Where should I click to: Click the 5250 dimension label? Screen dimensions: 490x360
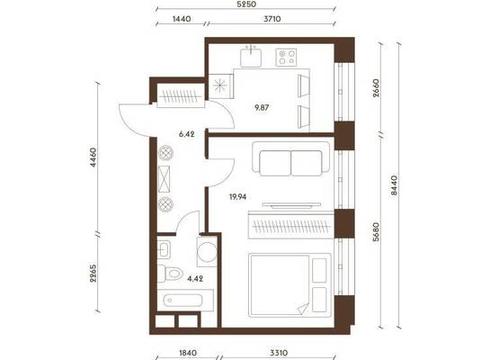tap(246, 4)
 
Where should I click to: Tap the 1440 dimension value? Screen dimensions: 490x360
tap(182, 19)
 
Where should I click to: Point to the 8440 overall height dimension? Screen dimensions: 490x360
tap(394, 185)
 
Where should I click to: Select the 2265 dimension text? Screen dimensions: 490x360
tap(94, 274)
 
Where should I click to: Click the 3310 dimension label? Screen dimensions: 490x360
tap(279, 353)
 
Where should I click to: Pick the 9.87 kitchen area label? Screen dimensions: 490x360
tap(262, 108)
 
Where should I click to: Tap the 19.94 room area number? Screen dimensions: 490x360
tap(238, 197)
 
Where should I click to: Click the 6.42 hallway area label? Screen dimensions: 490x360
tap(187, 134)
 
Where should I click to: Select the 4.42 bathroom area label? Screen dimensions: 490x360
tap(195, 278)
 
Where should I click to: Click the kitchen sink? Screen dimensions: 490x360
tap(251, 58)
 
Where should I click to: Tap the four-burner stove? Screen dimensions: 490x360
tap(286, 58)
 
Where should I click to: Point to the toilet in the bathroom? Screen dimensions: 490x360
tap(170, 274)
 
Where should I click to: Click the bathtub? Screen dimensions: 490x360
tap(183, 301)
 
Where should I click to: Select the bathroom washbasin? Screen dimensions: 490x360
tap(164, 249)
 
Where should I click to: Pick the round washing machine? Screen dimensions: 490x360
tap(207, 251)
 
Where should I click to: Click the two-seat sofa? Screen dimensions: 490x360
tap(291, 159)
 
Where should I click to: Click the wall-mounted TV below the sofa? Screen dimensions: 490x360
tap(291, 205)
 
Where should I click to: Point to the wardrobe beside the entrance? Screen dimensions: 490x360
tap(181, 96)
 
